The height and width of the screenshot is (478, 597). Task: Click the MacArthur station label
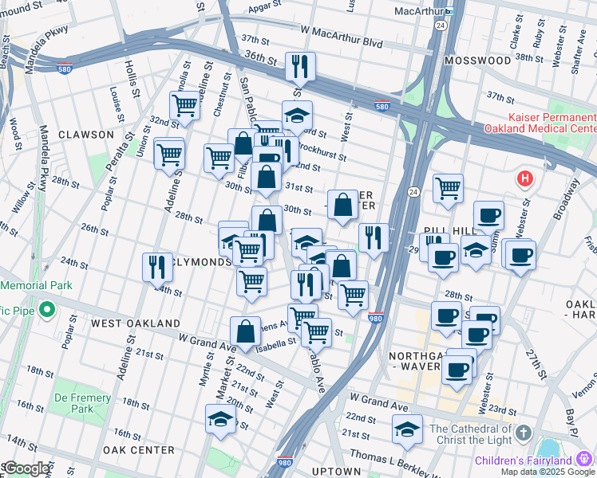click(419, 11)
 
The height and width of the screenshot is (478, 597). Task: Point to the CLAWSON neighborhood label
click(86, 135)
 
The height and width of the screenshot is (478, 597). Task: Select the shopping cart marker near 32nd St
click(184, 105)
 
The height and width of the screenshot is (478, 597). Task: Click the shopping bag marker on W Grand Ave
click(245, 331)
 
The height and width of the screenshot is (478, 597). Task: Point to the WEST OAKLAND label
click(135, 323)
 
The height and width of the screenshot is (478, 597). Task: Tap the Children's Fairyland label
click(524, 460)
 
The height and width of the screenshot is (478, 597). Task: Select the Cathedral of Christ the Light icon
click(523, 433)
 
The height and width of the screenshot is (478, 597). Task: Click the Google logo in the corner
click(26, 468)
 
